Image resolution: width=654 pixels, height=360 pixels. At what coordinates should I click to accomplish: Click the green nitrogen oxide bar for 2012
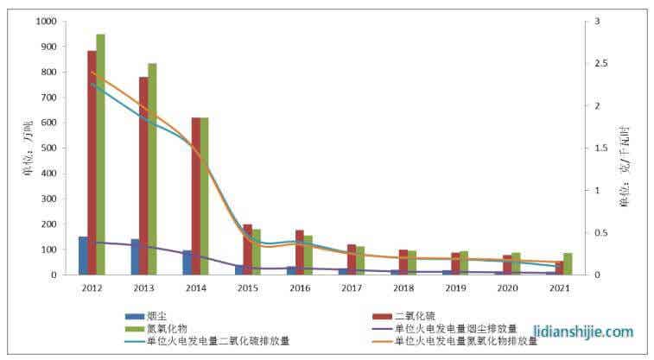[101, 155]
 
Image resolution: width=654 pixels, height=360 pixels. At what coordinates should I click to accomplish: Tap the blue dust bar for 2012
[83, 256]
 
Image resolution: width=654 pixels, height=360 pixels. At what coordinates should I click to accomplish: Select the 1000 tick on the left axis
[48, 22]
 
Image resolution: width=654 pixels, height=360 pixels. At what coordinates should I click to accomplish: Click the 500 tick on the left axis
[51, 148]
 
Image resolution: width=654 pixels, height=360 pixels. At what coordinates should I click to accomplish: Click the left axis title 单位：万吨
[26, 147]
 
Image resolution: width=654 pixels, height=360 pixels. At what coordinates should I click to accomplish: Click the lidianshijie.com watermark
[584, 332]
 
